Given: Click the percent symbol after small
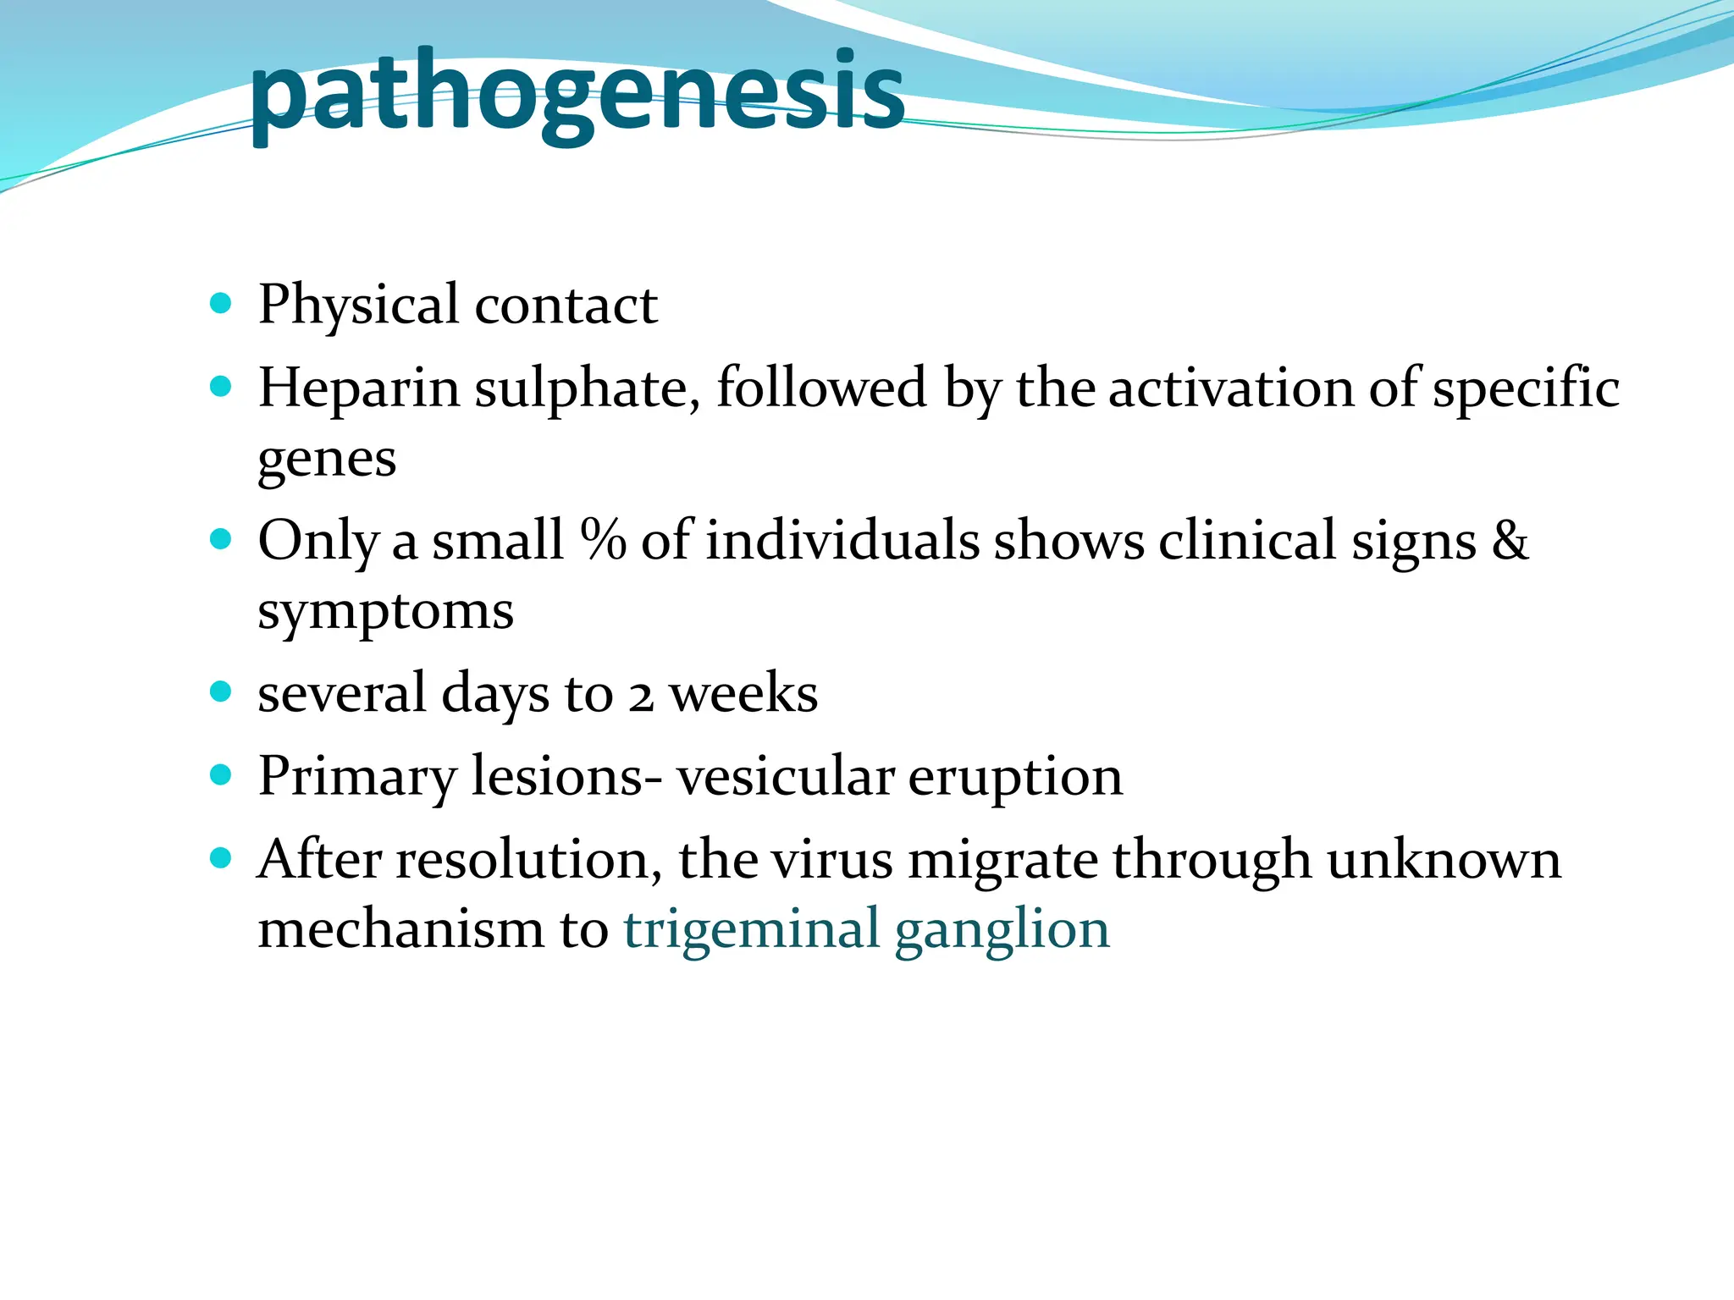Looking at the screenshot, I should click(x=603, y=539).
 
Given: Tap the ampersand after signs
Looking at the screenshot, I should click(x=1510, y=539).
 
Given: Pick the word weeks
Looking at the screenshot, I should click(x=743, y=694).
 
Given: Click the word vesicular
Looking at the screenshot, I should click(x=785, y=777).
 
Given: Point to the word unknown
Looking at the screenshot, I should click(x=1444, y=861).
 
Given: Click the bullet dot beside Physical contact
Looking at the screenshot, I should click(x=220, y=303).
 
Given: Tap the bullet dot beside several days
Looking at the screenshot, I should click(x=220, y=692).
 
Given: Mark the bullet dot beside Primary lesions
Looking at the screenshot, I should click(x=220, y=775).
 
